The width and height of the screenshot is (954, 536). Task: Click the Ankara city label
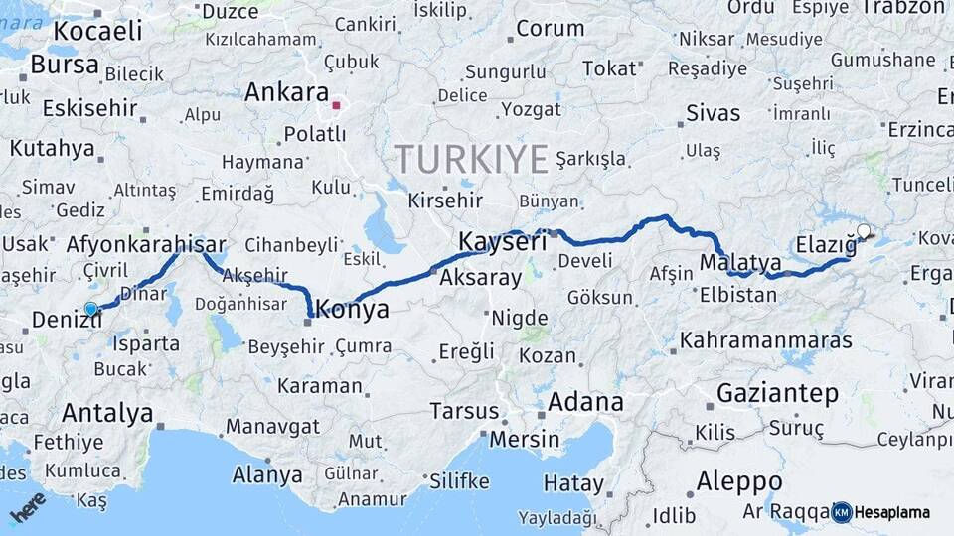[x=286, y=92]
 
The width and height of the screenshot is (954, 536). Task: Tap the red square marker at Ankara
[x=337, y=104]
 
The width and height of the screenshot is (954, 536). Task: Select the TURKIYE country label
[x=471, y=159]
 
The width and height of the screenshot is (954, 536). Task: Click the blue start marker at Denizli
[x=91, y=310]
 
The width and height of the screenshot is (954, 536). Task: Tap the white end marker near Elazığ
[x=864, y=232]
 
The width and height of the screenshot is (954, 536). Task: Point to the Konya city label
[x=352, y=310]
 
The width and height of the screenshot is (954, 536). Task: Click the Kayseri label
[x=503, y=241]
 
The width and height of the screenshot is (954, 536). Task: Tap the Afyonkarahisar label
[x=146, y=244]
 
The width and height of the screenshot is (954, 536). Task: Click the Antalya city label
[x=107, y=412]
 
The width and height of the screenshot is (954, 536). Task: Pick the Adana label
[x=585, y=402]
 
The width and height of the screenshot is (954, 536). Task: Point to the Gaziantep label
[x=777, y=392]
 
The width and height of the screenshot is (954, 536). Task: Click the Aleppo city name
[x=739, y=482]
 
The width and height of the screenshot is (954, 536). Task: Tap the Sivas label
[x=714, y=113]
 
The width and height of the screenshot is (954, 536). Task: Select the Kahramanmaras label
[x=765, y=340]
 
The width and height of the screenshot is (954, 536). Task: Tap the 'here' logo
[x=28, y=506]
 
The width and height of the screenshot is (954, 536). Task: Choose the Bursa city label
[x=65, y=66]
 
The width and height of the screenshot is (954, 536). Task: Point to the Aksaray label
[x=480, y=277]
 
